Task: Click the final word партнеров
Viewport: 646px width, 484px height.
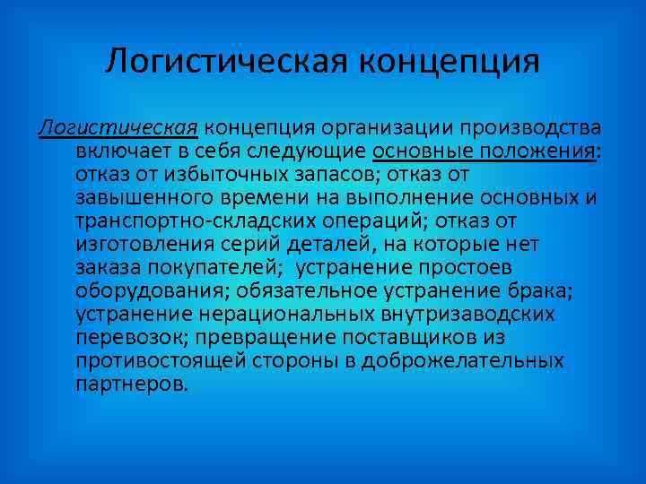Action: (x=131, y=384)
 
